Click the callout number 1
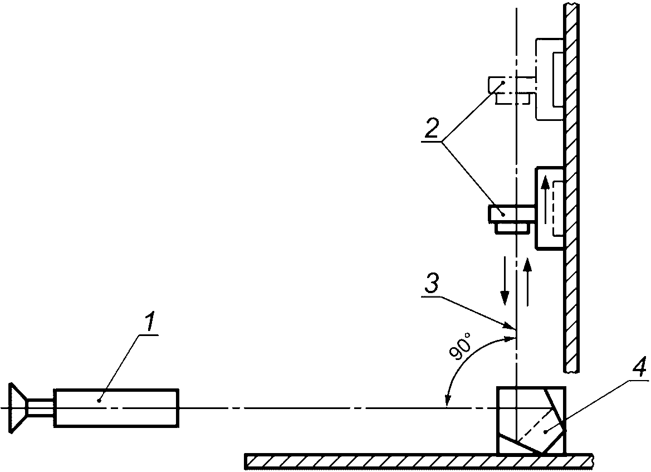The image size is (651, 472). coord(150,323)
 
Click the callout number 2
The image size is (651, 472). coord(432,129)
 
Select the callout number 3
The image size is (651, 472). coord(432,285)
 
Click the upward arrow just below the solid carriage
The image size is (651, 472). coord(527,282)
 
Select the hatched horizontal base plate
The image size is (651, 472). coord(419,461)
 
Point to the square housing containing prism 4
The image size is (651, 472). coord(531,421)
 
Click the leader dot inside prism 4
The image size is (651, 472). coord(547,432)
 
